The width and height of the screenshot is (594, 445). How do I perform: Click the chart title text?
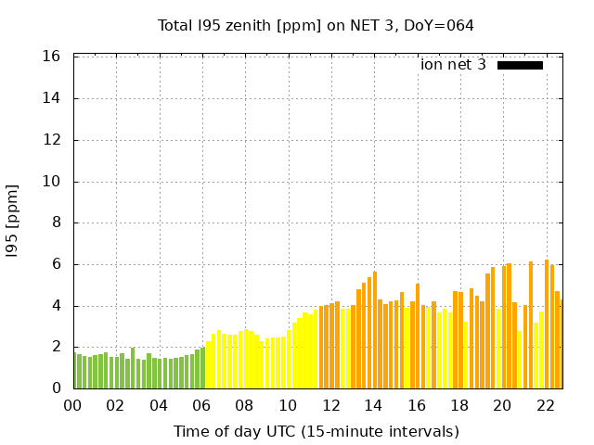pyautogui.click(x=316, y=26)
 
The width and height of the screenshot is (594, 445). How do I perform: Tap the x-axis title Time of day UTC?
pyautogui.click(x=316, y=431)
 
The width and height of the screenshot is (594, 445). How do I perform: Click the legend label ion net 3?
pyautogui.click(x=453, y=65)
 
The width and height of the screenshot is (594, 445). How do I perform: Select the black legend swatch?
pyautogui.click(x=520, y=65)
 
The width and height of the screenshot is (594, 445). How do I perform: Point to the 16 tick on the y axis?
pyautogui.click(x=52, y=57)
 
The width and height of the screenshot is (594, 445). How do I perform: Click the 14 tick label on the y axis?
pyautogui.click(x=52, y=98)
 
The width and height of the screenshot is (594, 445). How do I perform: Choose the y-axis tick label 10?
pyautogui.click(x=52, y=182)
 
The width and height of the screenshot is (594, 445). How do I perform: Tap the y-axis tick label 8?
pyautogui.click(x=56, y=222)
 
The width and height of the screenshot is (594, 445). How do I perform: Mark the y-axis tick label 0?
pyautogui.click(x=56, y=388)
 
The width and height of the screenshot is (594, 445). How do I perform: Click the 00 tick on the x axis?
pyautogui.click(x=73, y=405)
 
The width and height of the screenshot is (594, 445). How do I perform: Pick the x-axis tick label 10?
pyautogui.click(x=288, y=405)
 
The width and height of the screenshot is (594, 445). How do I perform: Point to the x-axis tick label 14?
pyautogui.click(x=374, y=405)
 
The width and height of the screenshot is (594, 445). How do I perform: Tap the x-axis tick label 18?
pyautogui.click(x=459, y=405)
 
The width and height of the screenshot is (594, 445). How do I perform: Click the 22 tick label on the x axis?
pyautogui.click(x=545, y=405)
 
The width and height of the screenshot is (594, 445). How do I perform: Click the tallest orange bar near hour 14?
pyautogui.click(x=374, y=329)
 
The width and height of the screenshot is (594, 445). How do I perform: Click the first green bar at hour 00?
pyautogui.click(x=75, y=371)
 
